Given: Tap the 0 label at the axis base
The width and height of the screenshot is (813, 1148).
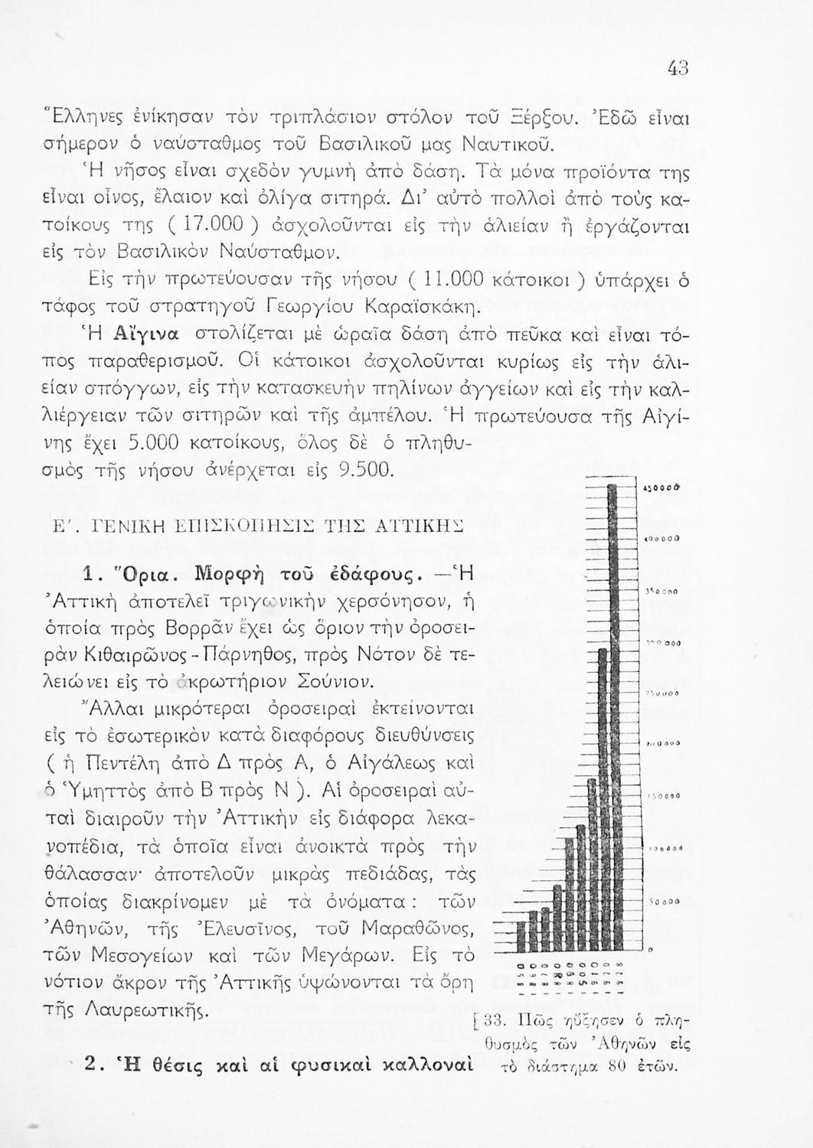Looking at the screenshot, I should [x=651, y=950].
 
